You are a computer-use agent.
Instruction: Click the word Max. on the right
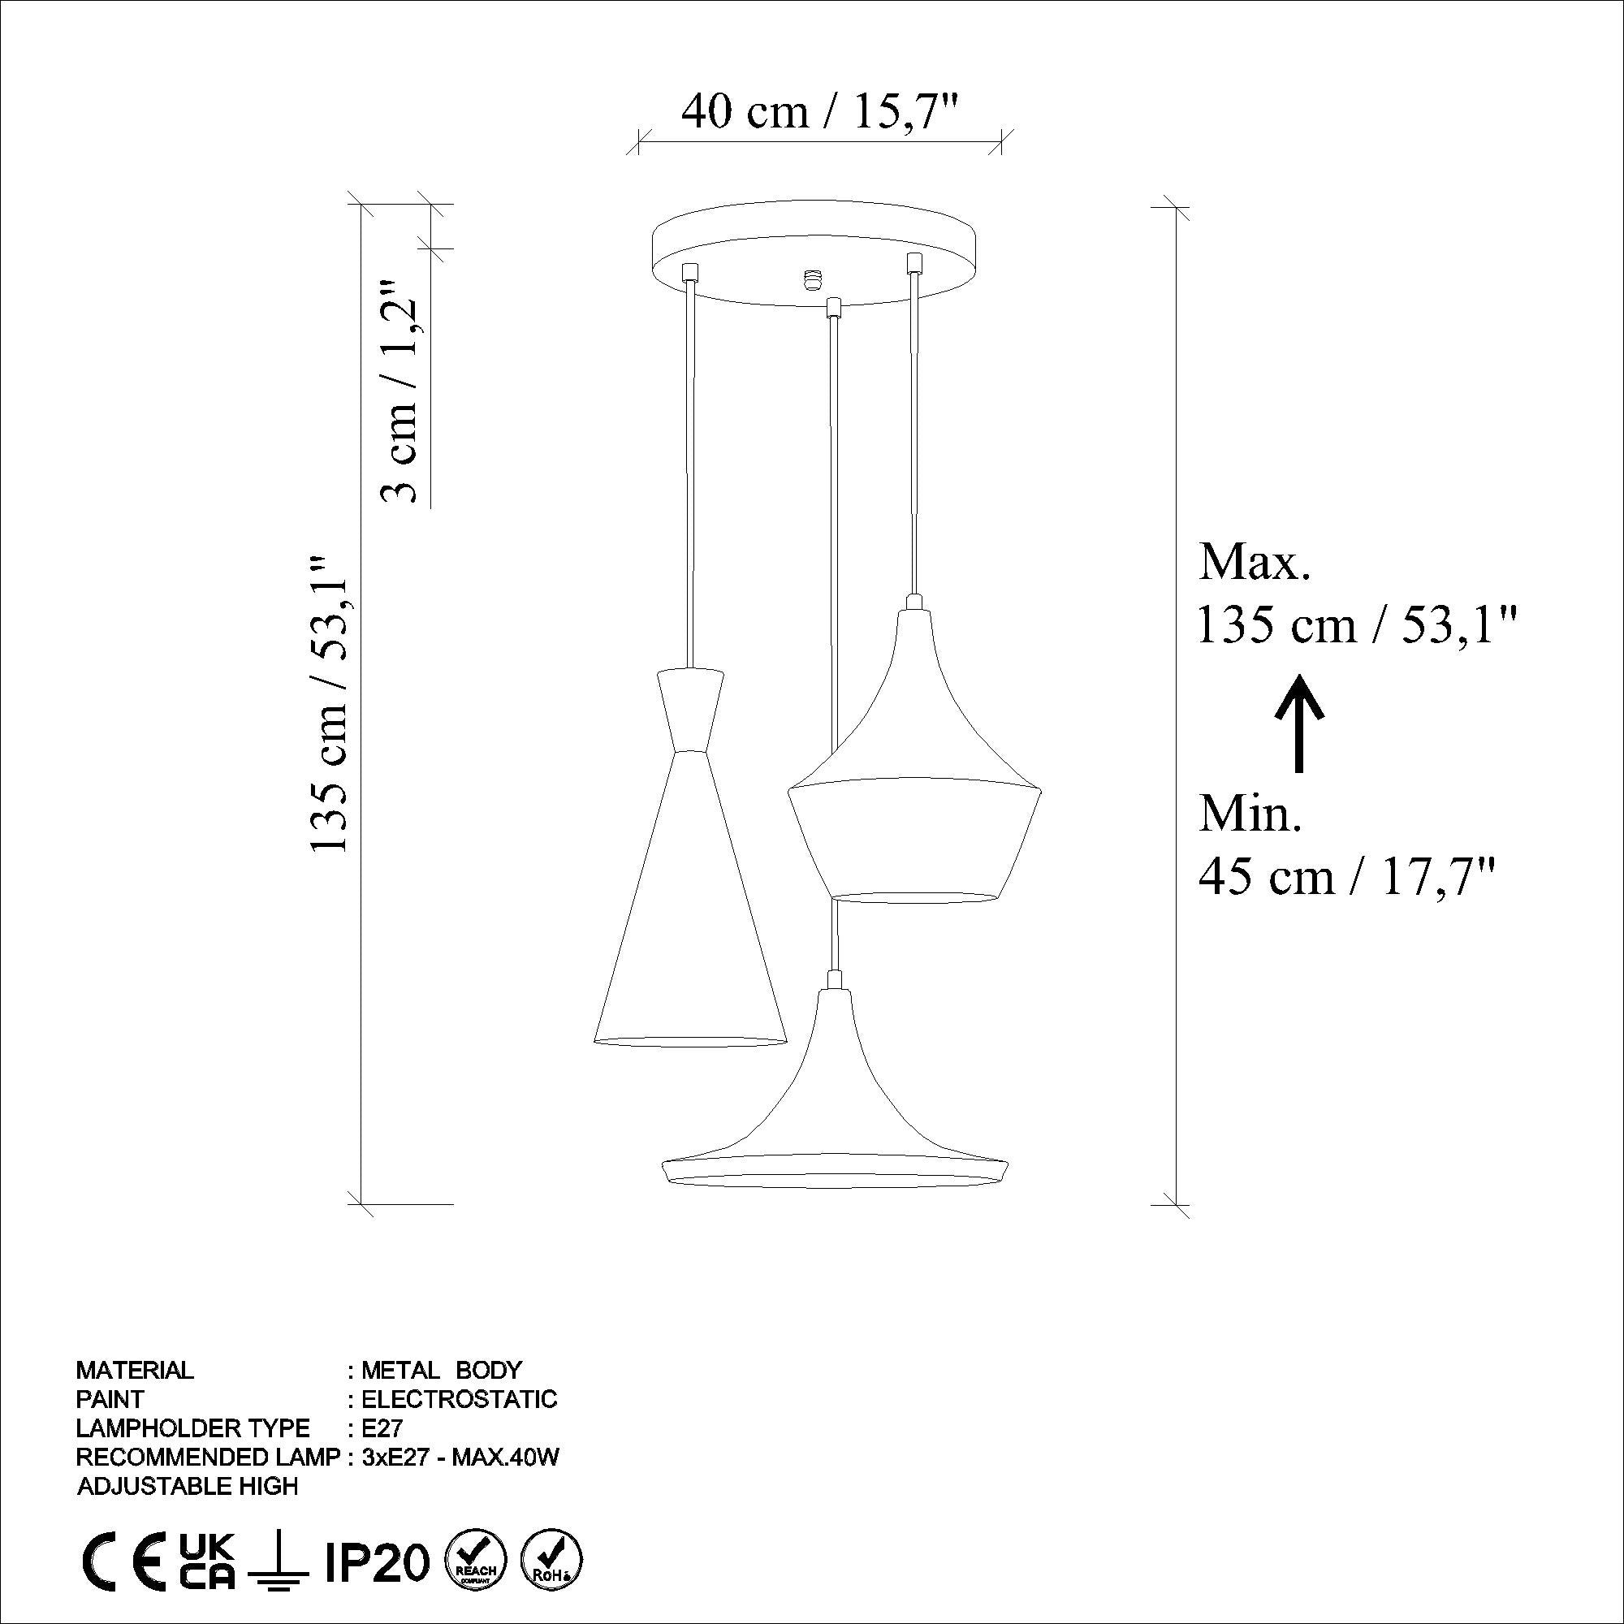tap(1255, 563)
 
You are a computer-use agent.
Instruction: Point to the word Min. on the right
tap(1250, 814)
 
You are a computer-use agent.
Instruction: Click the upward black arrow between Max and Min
tap(1299, 723)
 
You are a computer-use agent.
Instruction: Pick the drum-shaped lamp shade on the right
tap(914, 807)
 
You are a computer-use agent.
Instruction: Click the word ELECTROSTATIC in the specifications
tap(459, 1399)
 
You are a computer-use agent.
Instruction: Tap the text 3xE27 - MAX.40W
tap(460, 1457)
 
